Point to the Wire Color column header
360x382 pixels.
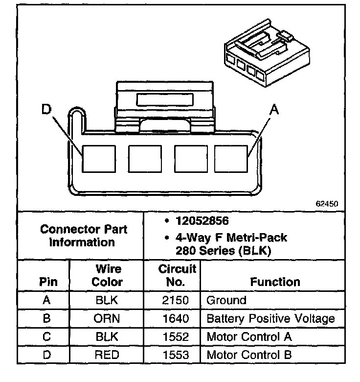pos(107,276)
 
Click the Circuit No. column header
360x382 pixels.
pos(177,275)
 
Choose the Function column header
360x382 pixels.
pos(275,282)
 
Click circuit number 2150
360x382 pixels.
pos(175,300)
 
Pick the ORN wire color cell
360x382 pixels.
pos(107,319)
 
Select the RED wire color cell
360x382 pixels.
pos(107,355)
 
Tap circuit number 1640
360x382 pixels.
pos(175,319)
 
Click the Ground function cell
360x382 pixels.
pos(226,300)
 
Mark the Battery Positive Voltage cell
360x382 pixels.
pos(271,319)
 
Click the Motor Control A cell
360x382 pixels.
pos(249,337)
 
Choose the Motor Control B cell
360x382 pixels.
pos(249,355)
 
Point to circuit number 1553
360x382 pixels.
pos(175,355)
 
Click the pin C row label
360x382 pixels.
pos(47,337)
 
